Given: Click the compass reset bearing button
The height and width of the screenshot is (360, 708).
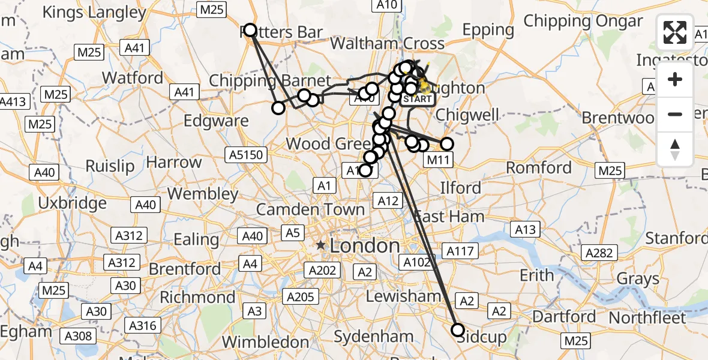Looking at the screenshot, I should (x=675, y=149).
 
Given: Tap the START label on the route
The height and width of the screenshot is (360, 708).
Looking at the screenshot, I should (x=418, y=99).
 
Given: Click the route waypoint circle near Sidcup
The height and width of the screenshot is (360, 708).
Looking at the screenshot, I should (x=458, y=329).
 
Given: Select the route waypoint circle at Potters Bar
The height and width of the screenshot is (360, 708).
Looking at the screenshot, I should (x=250, y=30).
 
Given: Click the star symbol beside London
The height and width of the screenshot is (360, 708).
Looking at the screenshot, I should (x=321, y=245).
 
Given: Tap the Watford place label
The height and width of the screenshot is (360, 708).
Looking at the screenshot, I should (x=133, y=78).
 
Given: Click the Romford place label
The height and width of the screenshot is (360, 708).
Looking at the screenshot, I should (x=539, y=167).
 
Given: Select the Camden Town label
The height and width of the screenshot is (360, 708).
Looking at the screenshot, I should (x=311, y=209).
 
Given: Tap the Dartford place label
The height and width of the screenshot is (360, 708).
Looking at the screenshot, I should (x=565, y=316).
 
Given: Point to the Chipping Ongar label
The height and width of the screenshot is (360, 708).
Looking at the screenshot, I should (x=583, y=21).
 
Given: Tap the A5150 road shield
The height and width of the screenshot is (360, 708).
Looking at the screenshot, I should (x=246, y=155).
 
